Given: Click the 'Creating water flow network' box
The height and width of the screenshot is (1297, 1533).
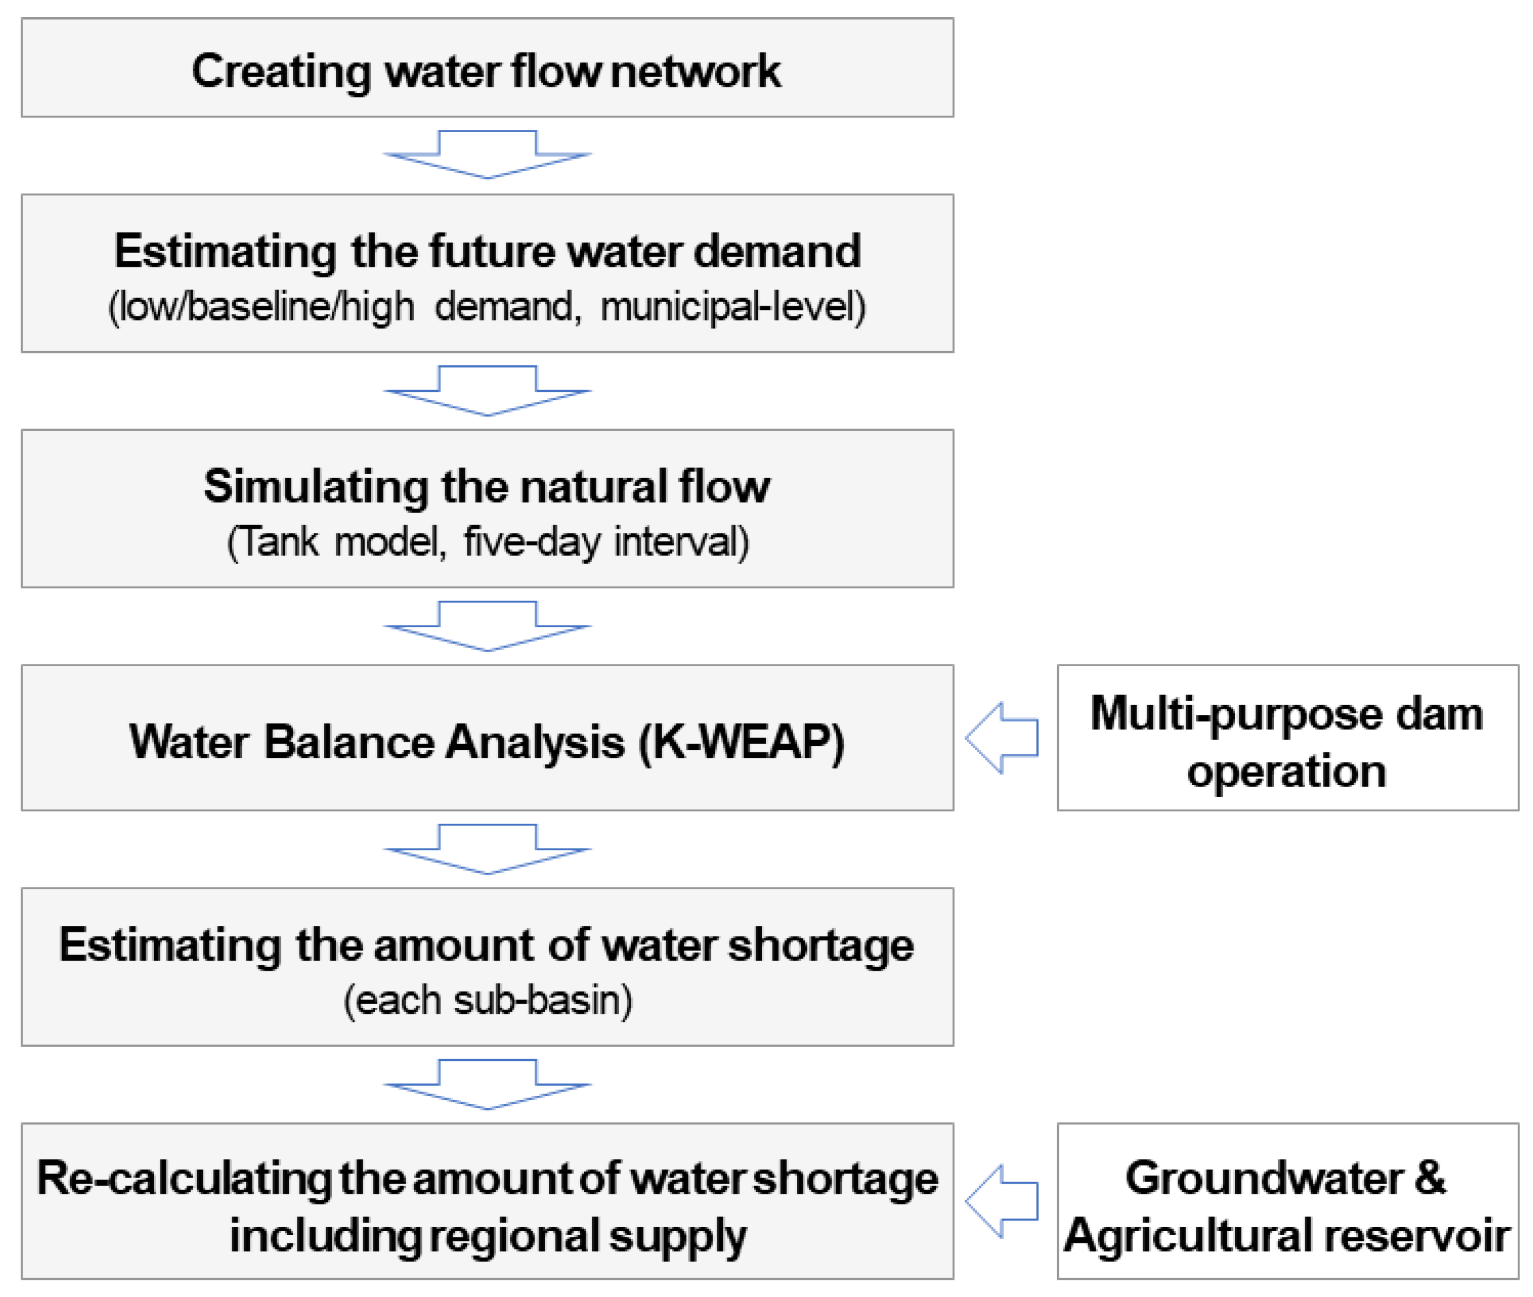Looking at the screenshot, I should (x=487, y=68).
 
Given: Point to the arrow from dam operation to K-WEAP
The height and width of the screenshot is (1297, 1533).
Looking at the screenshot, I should (x=1002, y=738).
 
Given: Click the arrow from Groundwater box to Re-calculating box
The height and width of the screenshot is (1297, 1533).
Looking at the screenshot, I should (x=1002, y=1201).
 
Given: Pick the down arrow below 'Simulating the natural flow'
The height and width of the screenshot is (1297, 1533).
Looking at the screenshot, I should (x=487, y=625).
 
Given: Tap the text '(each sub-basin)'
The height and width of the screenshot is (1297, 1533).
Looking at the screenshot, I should (x=487, y=1001).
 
